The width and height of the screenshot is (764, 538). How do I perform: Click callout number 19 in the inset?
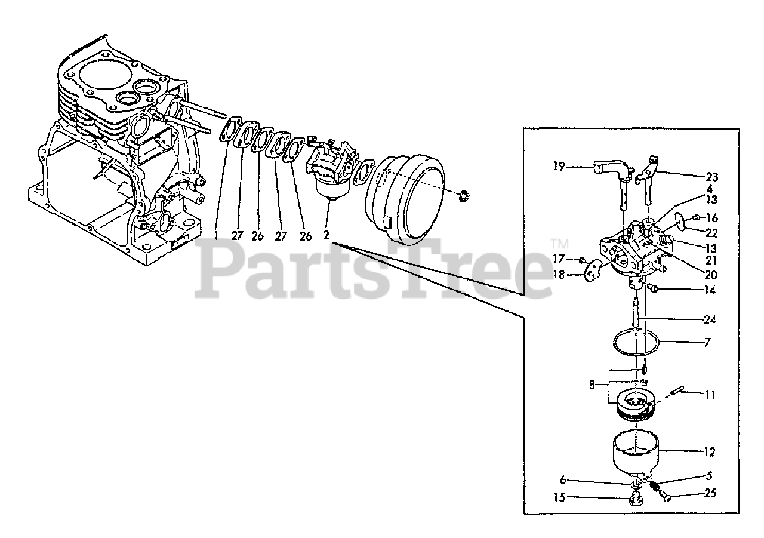[x=558, y=167]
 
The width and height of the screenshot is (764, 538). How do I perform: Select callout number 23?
[x=711, y=177]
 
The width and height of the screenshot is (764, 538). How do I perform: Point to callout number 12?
[x=710, y=453]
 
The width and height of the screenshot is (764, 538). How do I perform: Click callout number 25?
[x=710, y=493]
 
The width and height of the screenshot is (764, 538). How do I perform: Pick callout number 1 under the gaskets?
[x=215, y=236]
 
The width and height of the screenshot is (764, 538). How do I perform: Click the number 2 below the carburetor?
[x=326, y=236]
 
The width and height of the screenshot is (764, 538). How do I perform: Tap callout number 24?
[x=710, y=319]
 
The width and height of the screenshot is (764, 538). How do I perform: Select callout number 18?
[x=558, y=275]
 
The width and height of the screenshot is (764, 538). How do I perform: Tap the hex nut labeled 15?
[x=636, y=500]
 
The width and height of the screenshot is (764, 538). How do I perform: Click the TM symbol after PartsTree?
[x=559, y=244]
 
